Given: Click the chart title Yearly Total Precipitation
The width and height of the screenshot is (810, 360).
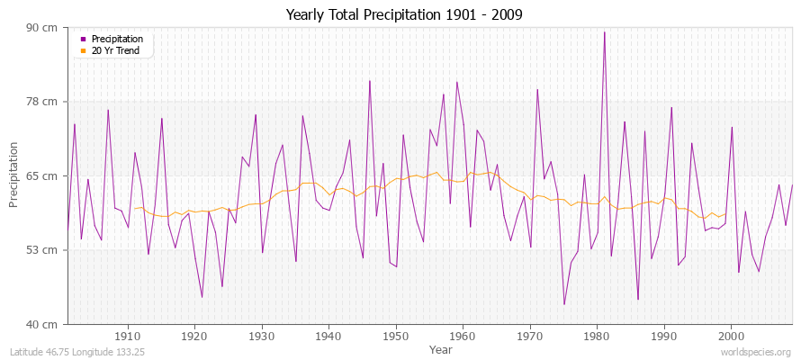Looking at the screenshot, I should point(404,14).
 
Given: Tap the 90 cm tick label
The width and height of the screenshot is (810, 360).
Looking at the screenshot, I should point(44,28).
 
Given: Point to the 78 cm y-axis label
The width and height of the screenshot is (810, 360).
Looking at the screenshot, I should point(44,102).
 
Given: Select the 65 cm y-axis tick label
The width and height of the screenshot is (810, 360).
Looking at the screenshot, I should point(44,175).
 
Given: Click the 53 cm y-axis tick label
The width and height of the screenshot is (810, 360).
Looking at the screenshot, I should point(44,249).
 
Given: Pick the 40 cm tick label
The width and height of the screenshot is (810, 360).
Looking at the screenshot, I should point(44,323).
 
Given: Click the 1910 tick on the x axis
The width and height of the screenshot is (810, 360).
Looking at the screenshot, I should point(128,336).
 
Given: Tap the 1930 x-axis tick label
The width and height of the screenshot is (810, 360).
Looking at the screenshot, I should point(262,336).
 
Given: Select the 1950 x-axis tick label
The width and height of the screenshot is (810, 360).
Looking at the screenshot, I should point(396,336).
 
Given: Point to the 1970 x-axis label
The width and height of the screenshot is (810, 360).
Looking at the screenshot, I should point(530,336).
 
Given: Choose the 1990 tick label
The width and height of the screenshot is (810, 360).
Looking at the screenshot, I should point(664,336).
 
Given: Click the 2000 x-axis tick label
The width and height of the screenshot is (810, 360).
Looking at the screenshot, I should point(731,336).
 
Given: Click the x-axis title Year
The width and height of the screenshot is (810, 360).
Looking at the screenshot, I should point(441,348).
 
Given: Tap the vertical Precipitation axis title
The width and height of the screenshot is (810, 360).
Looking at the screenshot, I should point(14,175).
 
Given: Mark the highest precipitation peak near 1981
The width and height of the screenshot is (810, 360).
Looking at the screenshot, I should point(604,32).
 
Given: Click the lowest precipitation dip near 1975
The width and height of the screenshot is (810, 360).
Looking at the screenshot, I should point(564,304).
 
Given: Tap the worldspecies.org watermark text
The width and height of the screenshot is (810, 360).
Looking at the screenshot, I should point(757,352).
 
